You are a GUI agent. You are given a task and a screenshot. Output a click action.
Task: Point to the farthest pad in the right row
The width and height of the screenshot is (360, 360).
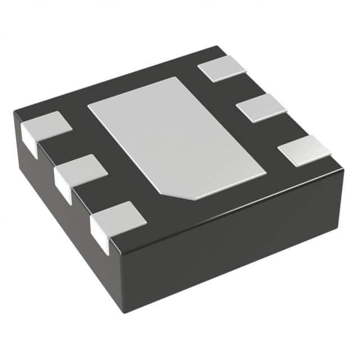point(222,69)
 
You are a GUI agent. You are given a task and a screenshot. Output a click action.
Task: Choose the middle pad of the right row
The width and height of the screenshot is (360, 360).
point(261,107)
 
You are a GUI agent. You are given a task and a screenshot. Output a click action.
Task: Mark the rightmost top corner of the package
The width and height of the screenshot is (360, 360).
point(343,168)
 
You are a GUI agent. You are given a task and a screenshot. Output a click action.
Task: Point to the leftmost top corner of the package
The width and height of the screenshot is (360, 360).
point(15,114)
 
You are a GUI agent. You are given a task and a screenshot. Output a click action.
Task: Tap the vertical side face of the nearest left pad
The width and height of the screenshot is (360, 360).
point(99,235)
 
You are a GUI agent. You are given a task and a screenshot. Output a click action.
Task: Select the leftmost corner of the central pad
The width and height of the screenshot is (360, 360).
point(89,105)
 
